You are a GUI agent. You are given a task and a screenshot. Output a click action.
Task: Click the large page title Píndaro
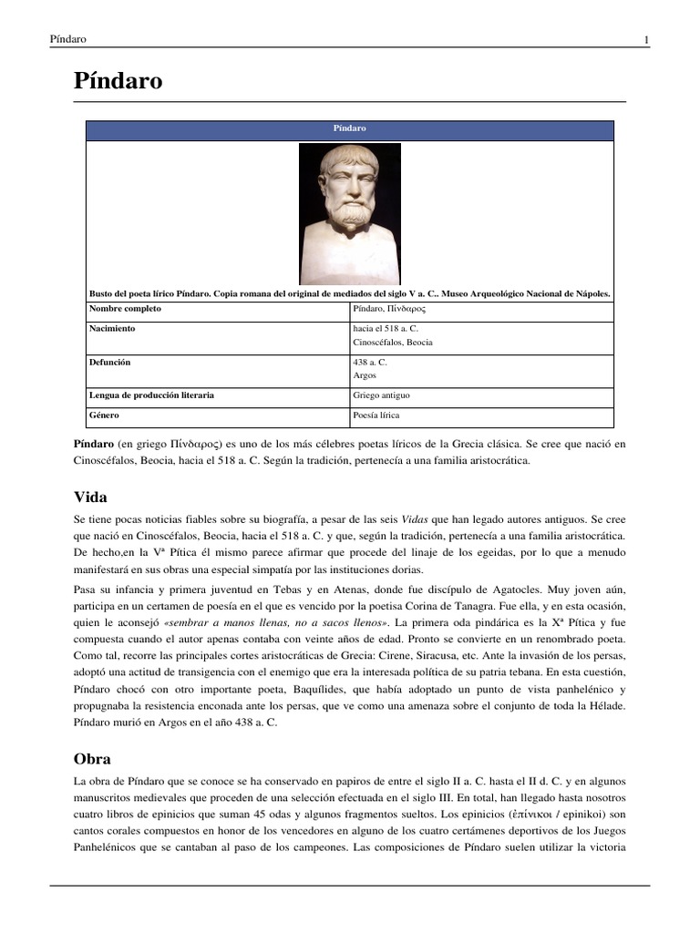[x=118, y=81]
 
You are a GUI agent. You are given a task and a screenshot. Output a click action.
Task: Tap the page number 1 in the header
[x=646, y=39]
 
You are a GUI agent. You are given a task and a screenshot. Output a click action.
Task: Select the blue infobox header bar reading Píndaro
[x=349, y=129]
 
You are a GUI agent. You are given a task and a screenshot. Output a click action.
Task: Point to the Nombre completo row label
[x=125, y=310]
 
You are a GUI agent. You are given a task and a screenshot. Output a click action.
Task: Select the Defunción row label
[x=110, y=362]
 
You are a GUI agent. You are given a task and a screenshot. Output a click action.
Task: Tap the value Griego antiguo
[x=381, y=396]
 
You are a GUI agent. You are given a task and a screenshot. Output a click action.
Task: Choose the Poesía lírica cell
[x=376, y=415]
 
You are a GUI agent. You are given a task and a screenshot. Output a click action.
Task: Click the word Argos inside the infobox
[x=364, y=375]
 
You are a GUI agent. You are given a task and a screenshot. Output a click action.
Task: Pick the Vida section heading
[x=90, y=497]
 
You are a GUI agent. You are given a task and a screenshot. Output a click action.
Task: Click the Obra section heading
[x=92, y=758]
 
